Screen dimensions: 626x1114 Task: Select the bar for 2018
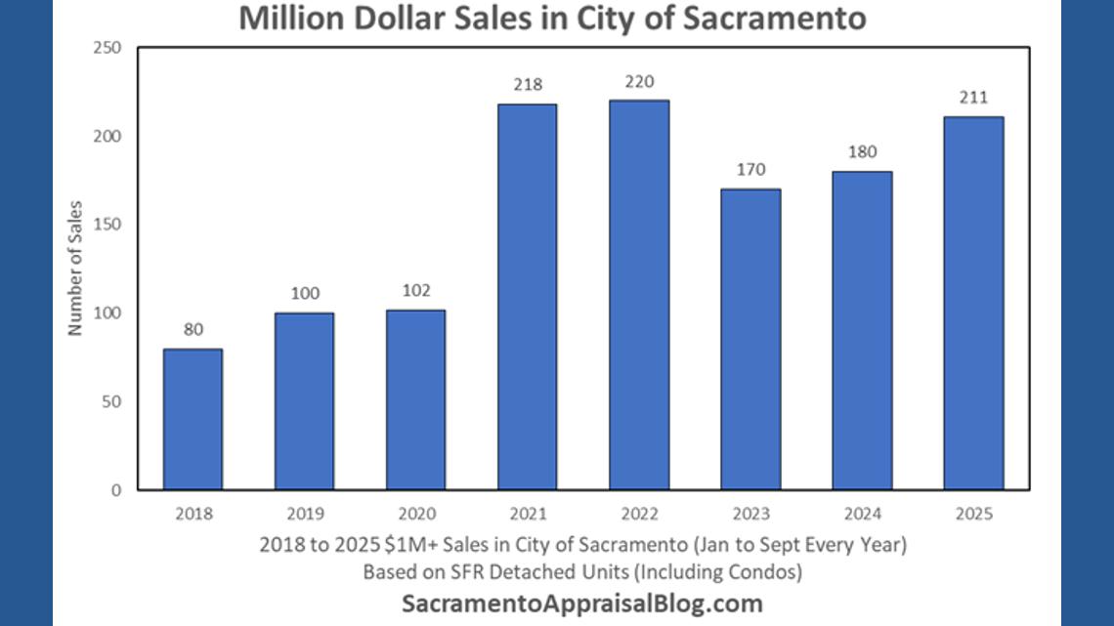[193, 419]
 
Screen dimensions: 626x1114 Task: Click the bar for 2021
[527, 297]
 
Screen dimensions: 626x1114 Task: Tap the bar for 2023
[750, 339]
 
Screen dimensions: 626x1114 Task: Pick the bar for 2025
[973, 303]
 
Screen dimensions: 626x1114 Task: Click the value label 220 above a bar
[639, 82]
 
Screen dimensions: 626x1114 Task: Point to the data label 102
[416, 290]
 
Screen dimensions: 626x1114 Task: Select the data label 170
[750, 170]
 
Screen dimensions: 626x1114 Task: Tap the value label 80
[193, 329]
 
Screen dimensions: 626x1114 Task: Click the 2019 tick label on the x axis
[304, 513]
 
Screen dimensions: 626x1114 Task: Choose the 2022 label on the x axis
[639, 513]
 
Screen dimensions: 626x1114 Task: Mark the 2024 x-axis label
[862, 513]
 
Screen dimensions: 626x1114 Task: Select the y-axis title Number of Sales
[76, 268]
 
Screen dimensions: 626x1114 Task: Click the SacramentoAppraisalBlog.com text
[582, 603]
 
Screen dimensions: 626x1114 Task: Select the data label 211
[973, 98]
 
